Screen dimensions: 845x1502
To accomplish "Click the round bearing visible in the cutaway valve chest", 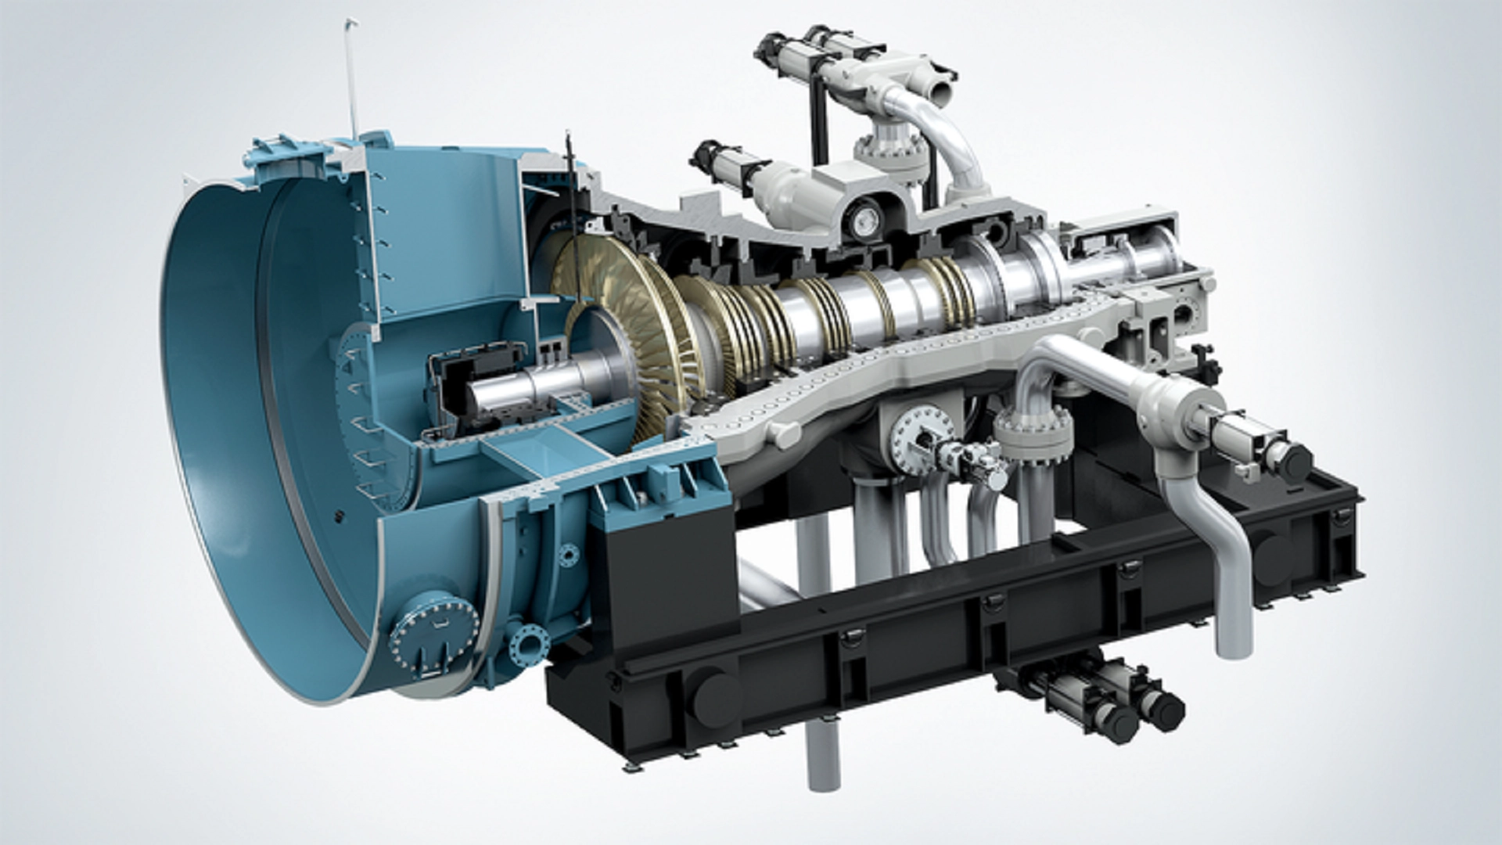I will pyautogui.click(x=865, y=223).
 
